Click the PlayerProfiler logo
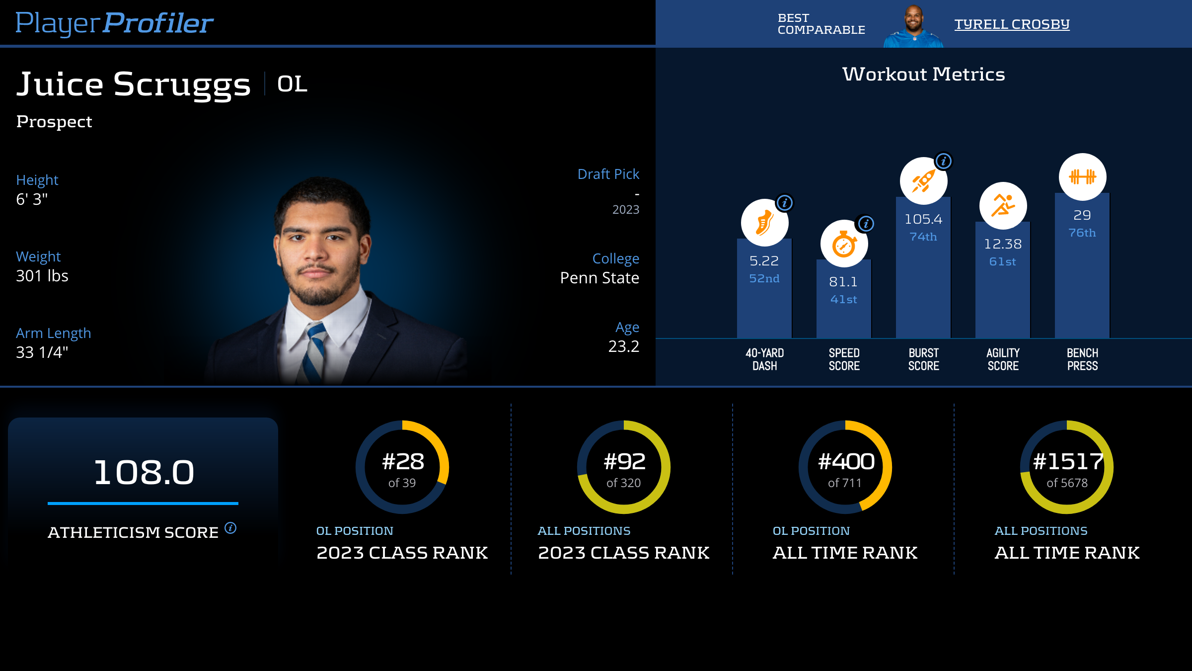(x=114, y=23)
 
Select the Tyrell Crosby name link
(x=1012, y=24)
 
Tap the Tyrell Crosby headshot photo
(x=913, y=26)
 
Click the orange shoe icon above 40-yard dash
(x=764, y=223)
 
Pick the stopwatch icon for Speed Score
(x=844, y=244)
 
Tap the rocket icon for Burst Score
(x=923, y=181)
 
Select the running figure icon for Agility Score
(x=1003, y=206)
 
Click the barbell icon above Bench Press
(x=1082, y=177)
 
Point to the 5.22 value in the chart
(x=764, y=260)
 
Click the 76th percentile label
(x=1082, y=233)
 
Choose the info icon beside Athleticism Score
(x=230, y=528)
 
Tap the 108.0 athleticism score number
(x=144, y=472)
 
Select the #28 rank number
(x=403, y=462)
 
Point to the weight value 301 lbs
(x=42, y=276)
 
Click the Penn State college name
(x=599, y=278)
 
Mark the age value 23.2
(x=623, y=346)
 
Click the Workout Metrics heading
(x=923, y=74)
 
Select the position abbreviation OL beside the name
(x=292, y=84)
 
